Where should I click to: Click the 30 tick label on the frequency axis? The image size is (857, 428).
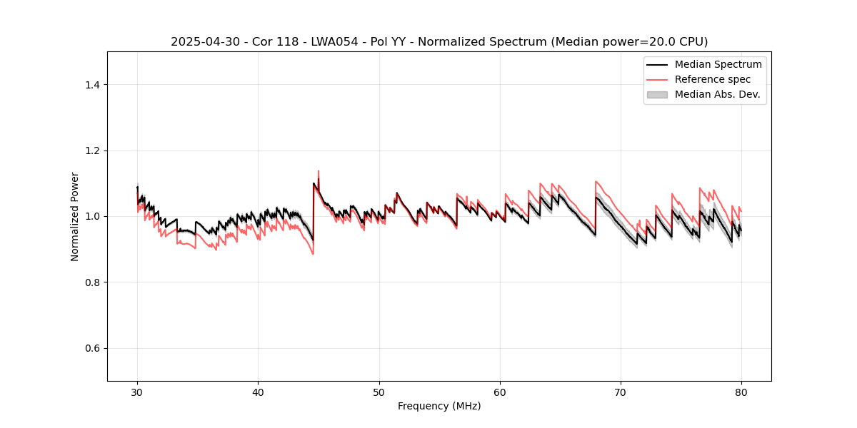[137, 392]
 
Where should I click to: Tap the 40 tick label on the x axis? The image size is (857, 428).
[258, 392]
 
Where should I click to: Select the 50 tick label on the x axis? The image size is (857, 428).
[379, 392]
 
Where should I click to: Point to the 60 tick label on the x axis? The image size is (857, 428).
[500, 392]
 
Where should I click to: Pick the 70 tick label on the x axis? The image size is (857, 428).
[621, 392]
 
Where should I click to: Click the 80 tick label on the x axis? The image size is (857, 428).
[741, 392]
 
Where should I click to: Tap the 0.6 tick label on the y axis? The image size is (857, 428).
[91, 348]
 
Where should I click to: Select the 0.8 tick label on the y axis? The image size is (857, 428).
[91, 282]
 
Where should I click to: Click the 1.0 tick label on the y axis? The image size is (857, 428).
[91, 216]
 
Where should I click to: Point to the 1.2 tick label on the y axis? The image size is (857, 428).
[91, 151]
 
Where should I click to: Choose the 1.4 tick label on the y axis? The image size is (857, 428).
[91, 85]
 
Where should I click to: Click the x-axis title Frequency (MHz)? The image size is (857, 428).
[439, 406]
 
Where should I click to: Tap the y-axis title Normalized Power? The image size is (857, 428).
[74, 216]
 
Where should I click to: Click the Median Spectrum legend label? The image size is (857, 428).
[718, 64]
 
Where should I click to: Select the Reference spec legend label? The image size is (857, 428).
[713, 79]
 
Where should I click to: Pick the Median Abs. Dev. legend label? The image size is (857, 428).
[717, 94]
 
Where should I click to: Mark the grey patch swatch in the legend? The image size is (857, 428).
[657, 94]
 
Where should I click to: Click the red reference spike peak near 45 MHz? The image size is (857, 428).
[318, 171]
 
